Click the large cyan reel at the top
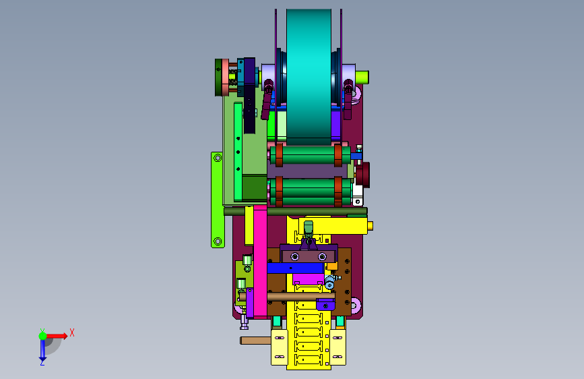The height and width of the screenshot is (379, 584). [x=309, y=76]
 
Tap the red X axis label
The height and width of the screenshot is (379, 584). [x=72, y=332]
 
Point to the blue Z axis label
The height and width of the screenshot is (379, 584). [x=42, y=362]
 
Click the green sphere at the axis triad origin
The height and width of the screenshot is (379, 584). [x=43, y=336]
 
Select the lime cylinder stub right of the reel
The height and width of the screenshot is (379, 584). [x=362, y=78]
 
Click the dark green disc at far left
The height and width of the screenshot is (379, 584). [x=219, y=78]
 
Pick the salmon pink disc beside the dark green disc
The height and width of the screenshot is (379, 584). [x=226, y=78]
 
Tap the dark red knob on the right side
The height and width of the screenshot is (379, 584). [x=363, y=175]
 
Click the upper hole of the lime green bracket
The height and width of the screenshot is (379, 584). [x=218, y=158]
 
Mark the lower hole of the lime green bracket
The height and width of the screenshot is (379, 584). [x=218, y=241]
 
